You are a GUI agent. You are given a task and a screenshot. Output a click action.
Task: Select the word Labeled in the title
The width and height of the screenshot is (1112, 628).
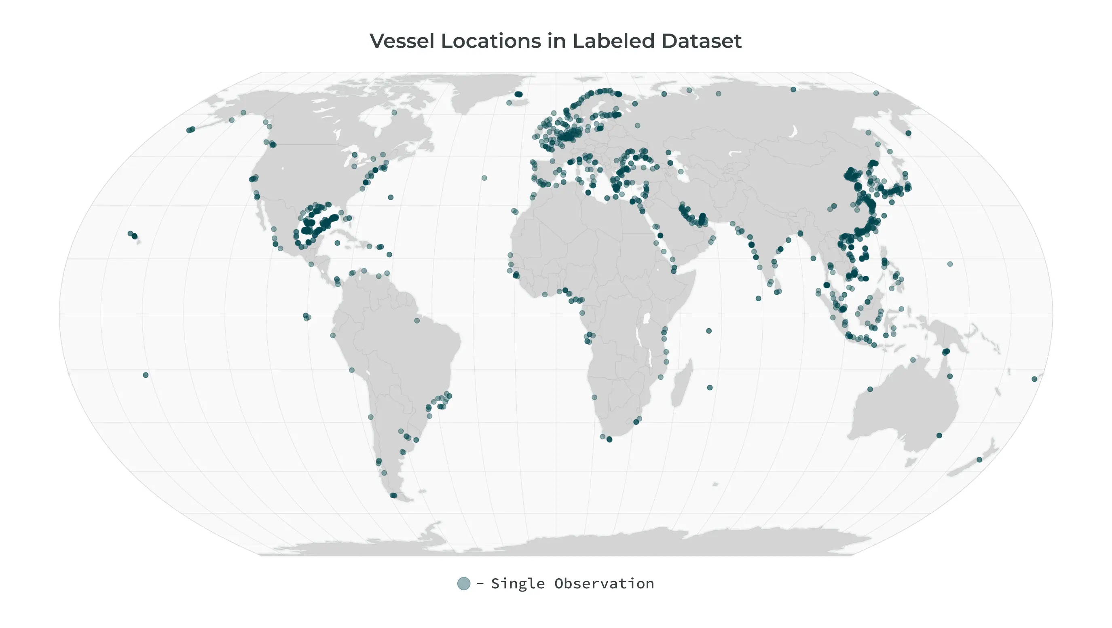[x=614, y=41]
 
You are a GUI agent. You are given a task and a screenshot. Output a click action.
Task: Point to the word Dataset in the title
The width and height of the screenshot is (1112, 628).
[x=701, y=41]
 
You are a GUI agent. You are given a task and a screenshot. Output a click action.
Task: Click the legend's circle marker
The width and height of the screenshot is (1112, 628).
[x=464, y=584]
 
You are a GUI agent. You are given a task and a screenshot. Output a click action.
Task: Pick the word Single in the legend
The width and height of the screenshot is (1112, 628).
[x=518, y=584]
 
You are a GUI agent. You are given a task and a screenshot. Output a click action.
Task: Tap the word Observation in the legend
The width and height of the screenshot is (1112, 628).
[x=604, y=584]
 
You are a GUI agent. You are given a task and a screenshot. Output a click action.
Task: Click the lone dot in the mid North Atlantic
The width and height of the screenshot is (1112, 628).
[x=484, y=178]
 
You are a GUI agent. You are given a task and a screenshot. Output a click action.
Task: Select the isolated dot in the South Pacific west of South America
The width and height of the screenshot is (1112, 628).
[x=146, y=375]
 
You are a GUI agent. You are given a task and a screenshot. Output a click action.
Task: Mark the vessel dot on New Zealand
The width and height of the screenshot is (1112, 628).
[x=979, y=460]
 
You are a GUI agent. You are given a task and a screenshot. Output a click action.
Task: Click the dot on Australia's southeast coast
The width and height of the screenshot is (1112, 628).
[x=939, y=436]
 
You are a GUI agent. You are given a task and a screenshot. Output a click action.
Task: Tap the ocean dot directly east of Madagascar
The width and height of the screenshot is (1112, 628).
[x=710, y=387]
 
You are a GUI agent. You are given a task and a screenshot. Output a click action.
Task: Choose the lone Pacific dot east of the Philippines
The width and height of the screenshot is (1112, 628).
[x=950, y=264]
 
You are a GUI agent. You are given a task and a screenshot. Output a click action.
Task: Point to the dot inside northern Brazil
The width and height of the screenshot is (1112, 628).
[x=416, y=321]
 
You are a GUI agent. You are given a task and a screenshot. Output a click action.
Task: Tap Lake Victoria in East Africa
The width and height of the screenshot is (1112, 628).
[x=647, y=319]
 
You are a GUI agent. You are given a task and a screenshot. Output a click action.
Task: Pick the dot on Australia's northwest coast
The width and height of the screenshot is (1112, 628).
[x=870, y=389]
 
